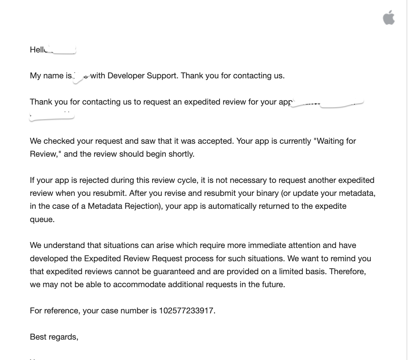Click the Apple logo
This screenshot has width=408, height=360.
pos(389,17)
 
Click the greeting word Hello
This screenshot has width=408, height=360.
pos(38,50)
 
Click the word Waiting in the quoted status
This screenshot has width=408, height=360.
pos(330,141)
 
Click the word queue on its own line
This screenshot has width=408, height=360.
pos(42,219)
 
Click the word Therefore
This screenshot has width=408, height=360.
pos(347,272)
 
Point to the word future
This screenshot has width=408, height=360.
pos(273,285)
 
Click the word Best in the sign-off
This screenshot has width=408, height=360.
pos(38,337)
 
